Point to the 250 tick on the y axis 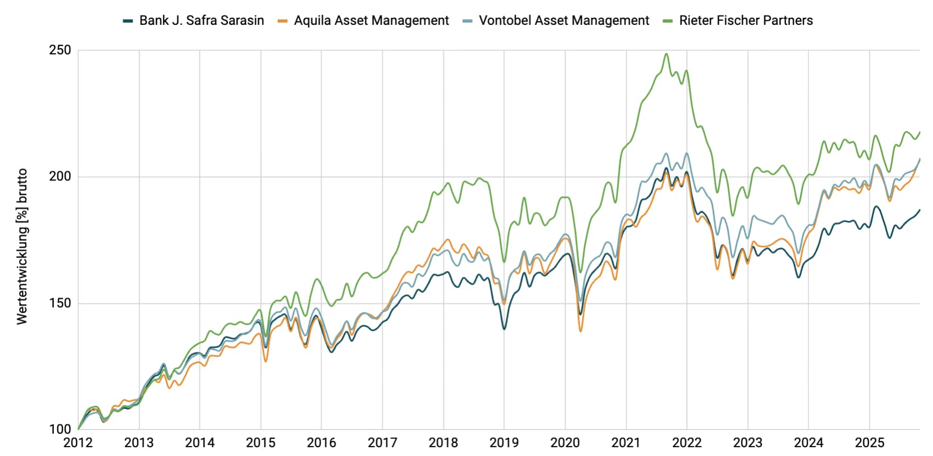click(60, 51)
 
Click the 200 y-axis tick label click(60, 177)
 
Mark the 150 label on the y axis click(60, 303)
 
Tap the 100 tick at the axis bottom click(60, 429)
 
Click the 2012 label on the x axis click(78, 443)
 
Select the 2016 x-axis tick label click(321, 443)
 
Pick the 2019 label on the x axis click(504, 443)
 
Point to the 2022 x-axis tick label click(687, 443)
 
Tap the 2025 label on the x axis click(869, 443)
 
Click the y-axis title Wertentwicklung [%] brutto click(22, 247)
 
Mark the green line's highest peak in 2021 click(666, 54)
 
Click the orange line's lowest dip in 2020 click(581, 331)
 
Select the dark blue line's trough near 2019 click(504, 329)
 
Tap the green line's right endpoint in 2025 click(920, 132)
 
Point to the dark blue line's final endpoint click(920, 210)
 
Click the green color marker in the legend click(668, 21)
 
